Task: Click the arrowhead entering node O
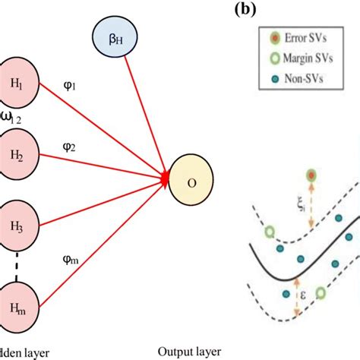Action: point(165,177)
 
